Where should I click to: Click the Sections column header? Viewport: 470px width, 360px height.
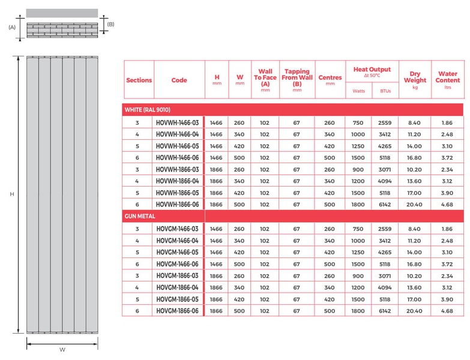pyautogui.click(x=139, y=80)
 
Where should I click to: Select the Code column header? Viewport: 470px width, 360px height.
pyautogui.click(x=179, y=80)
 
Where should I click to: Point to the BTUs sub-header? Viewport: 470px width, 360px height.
pyautogui.click(x=385, y=91)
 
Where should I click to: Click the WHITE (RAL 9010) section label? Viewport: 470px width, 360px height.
pyautogui.click(x=147, y=110)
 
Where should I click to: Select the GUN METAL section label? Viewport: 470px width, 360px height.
pyautogui.click(x=140, y=216)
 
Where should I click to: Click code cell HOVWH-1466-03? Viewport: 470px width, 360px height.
pyautogui.click(x=177, y=123)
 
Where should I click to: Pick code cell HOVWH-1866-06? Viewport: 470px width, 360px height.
pyautogui.click(x=177, y=204)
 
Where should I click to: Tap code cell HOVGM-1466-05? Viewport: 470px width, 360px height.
pyautogui.click(x=177, y=252)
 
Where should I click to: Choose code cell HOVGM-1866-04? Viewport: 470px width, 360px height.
pyautogui.click(x=177, y=287)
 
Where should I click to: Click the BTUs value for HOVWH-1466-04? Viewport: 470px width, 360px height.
pyautogui.click(x=385, y=134)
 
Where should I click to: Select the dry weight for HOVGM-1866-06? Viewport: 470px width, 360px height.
pyautogui.click(x=415, y=311)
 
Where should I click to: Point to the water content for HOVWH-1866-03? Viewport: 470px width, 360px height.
pyautogui.click(x=447, y=170)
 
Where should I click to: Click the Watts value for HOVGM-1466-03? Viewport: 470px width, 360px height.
pyautogui.click(x=358, y=229)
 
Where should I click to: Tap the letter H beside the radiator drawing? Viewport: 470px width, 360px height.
pyautogui.click(x=11, y=194)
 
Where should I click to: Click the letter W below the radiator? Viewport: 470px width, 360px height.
pyautogui.click(x=62, y=350)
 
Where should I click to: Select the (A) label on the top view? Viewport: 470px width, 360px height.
pyautogui.click(x=11, y=27)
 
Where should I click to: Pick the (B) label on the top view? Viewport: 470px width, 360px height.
pyautogui.click(x=110, y=24)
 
